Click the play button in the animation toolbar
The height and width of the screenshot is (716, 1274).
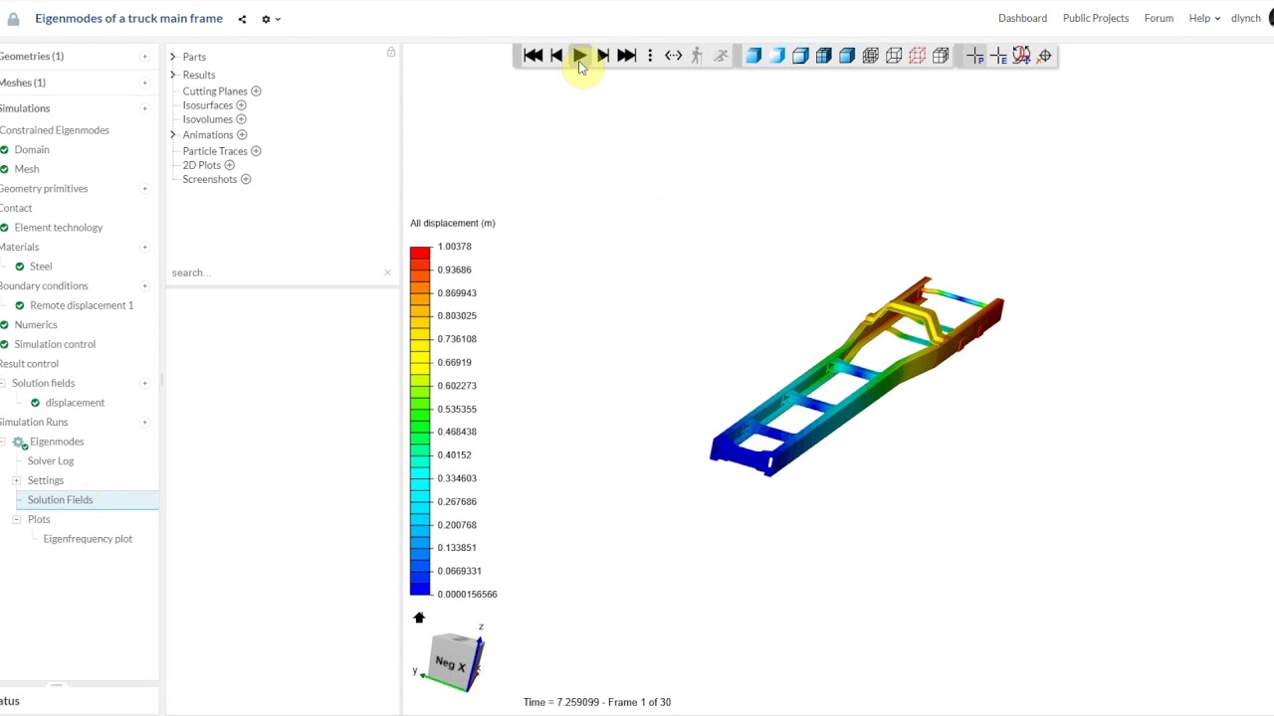tap(579, 55)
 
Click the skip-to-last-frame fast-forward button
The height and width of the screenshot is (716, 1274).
tap(626, 55)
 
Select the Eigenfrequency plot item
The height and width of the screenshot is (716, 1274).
tap(88, 539)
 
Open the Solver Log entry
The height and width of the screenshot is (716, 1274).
tap(51, 460)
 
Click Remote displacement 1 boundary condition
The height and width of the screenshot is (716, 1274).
tap(82, 305)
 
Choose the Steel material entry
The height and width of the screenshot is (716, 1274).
tap(41, 267)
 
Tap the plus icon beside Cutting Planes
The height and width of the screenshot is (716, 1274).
tap(256, 90)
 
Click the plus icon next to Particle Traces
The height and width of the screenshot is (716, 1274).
tap(256, 151)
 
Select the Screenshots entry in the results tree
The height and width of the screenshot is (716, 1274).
tap(209, 179)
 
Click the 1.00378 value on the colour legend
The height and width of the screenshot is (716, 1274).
tap(455, 247)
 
